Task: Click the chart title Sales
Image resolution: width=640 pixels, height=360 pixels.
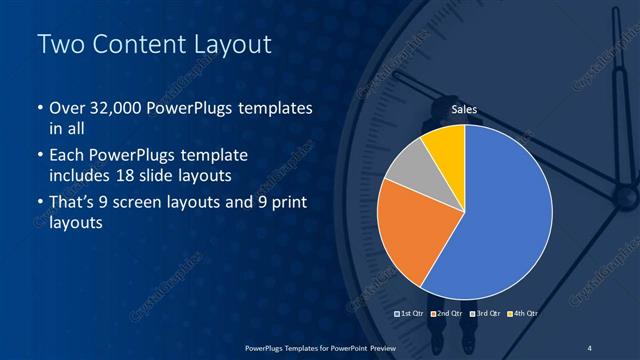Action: point(464,109)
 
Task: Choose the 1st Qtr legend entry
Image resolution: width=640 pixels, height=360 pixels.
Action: point(410,314)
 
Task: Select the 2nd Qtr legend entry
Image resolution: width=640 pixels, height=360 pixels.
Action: point(446,314)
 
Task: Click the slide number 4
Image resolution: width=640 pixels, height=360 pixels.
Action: point(589,347)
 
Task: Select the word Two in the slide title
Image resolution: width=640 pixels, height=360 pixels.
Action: point(59,46)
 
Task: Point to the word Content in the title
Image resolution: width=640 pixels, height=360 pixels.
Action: point(134,46)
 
